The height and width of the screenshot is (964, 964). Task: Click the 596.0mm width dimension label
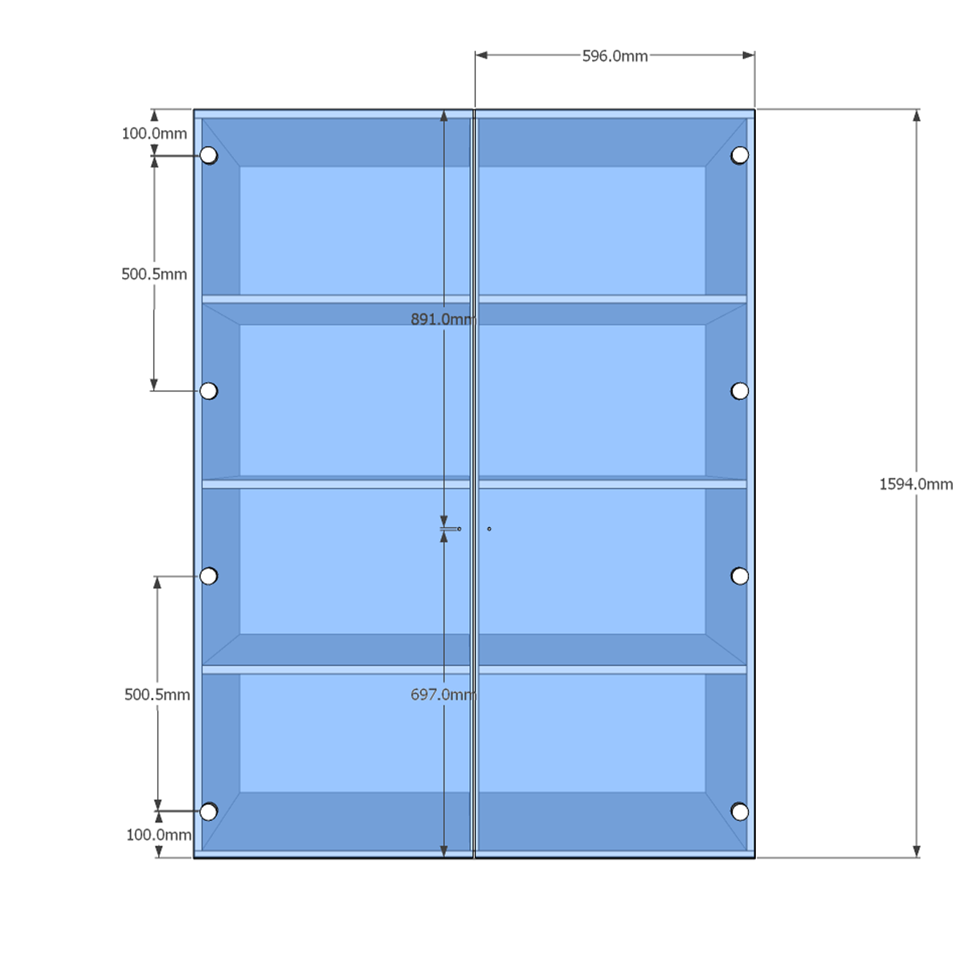pos(615,56)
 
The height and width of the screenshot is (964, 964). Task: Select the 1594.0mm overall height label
pos(916,484)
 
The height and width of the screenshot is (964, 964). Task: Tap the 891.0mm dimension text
pos(443,319)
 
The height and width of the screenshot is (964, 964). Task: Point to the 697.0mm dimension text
pos(443,694)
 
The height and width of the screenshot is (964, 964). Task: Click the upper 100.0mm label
pos(154,133)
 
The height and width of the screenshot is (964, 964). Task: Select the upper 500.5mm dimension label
pos(154,274)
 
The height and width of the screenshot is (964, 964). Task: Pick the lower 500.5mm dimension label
pos(157,694)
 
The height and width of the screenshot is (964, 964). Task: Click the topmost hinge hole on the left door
pos(209,156)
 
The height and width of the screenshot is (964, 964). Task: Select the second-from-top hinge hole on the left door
pos(209,390)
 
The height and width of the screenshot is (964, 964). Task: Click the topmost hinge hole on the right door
pos(739,156)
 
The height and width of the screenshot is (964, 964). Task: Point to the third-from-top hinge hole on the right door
pos(739,576)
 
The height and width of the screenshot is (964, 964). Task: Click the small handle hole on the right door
pos(488,529)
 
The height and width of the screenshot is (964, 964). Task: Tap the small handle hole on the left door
pos(460,529)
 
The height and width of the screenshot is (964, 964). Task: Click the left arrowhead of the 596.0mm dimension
pos(481,55)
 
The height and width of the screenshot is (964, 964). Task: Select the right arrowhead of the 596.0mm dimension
pos(749,55)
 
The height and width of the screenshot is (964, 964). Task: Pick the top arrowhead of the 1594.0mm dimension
pos(917,116)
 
